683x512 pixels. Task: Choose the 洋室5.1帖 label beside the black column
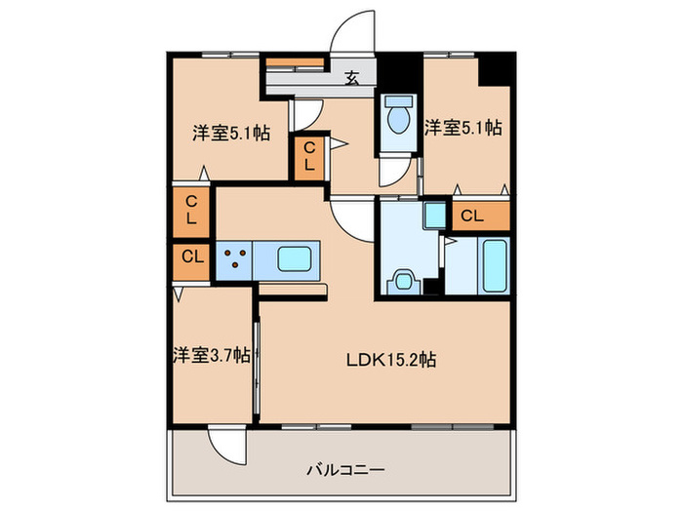(x=462, y=127)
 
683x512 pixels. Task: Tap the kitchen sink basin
(x=297, y=259)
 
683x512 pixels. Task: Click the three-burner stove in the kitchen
(x=235, y=260)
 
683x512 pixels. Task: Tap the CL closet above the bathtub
(x=479, y=216)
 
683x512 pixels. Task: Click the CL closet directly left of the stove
(x=192, y=259)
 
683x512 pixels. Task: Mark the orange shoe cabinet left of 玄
(x=296, y=67)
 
